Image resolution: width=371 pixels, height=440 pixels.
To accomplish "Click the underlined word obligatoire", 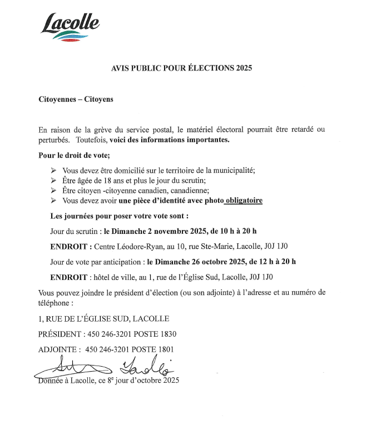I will [x=243, y=201].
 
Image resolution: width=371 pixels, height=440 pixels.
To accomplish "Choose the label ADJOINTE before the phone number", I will [x=57, y=349].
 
